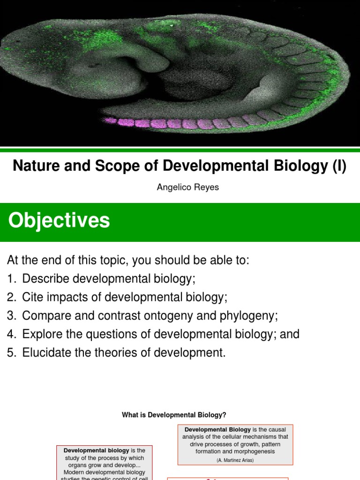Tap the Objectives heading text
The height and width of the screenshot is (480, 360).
(59, 220)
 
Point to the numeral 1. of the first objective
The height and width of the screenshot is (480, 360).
(12, 279)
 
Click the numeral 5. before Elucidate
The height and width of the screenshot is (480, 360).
(12, 353)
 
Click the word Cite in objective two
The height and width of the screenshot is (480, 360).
(31, 297)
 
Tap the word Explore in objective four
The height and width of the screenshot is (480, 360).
(42, 334)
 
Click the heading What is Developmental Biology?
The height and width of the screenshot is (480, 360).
(174, 415)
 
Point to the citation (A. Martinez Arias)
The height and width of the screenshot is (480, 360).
(235, 460)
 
